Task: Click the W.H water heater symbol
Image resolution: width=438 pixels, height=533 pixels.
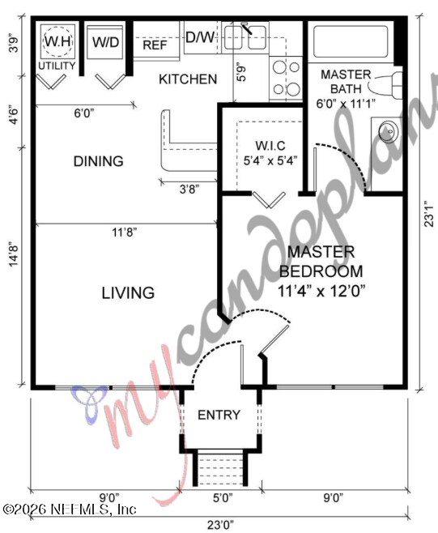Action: [57, 41]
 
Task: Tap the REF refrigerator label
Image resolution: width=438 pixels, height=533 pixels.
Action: [155, 45]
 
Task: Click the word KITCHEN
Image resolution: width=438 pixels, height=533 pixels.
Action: [187, 79]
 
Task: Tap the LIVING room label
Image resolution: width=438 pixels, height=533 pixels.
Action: [128, 292]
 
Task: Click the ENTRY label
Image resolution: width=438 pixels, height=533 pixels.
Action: [219, 416]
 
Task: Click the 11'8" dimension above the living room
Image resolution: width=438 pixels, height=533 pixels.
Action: [125, 232]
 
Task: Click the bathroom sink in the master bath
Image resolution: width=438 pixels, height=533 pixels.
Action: [387, 131]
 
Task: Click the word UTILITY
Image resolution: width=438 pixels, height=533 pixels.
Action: [57, 66]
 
